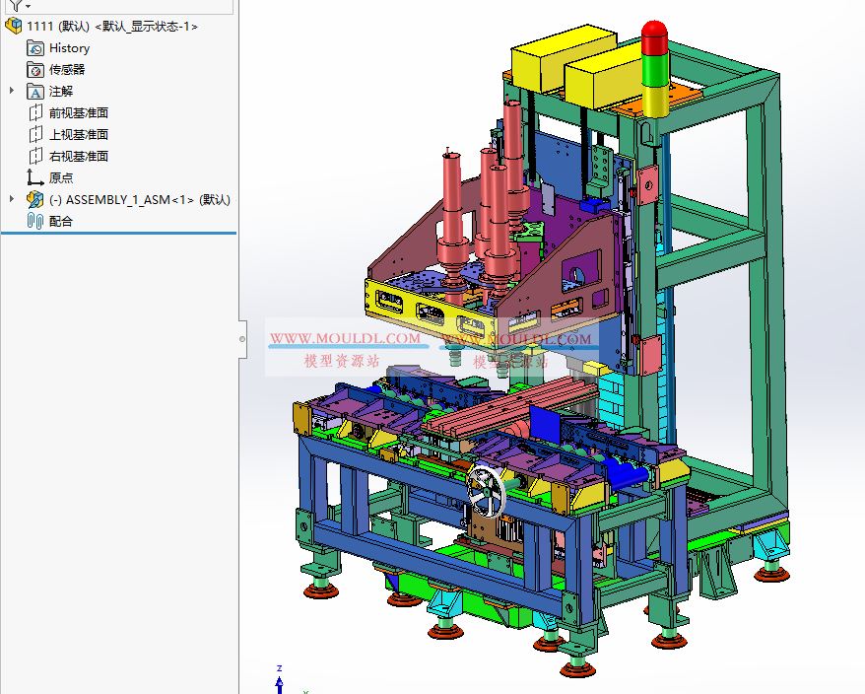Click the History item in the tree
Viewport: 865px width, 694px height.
pos(69,47)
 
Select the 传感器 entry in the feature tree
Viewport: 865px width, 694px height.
pos(67,69)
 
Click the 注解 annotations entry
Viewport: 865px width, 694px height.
pos(61,91)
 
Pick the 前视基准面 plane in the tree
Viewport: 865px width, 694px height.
pos(79,112)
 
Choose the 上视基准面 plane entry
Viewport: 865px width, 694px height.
pos(79,134)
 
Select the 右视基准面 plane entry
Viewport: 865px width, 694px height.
pos(79,156)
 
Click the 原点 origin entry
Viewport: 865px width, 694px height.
pos(61,177)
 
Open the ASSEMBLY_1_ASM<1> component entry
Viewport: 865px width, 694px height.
pos(139,199)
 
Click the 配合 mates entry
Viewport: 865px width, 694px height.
pos(61,221)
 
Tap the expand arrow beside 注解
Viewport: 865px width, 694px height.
pos(12,91)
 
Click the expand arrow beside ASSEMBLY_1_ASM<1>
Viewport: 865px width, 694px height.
pos(12,199)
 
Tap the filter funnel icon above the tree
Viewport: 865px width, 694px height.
pos(15,5)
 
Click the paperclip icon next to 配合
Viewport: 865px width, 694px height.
pos(35,221)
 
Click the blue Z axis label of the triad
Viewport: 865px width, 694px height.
pos(280,667)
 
